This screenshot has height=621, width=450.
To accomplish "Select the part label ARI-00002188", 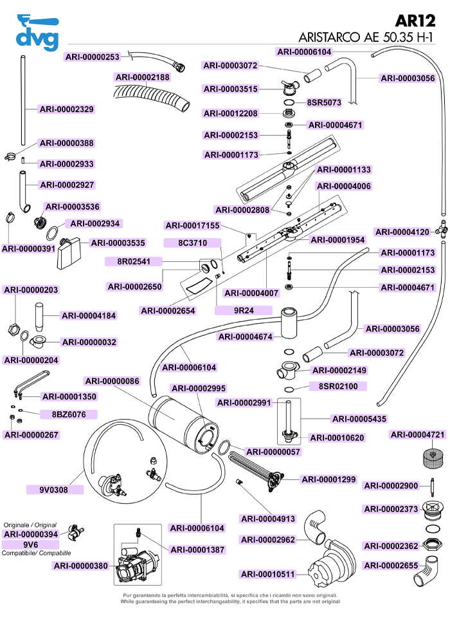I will [143, 77].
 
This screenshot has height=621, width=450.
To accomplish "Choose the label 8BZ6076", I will [59, 414].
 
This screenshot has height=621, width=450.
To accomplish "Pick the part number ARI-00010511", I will [267, 574].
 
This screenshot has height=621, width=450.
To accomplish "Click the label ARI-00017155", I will [193, 226].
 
